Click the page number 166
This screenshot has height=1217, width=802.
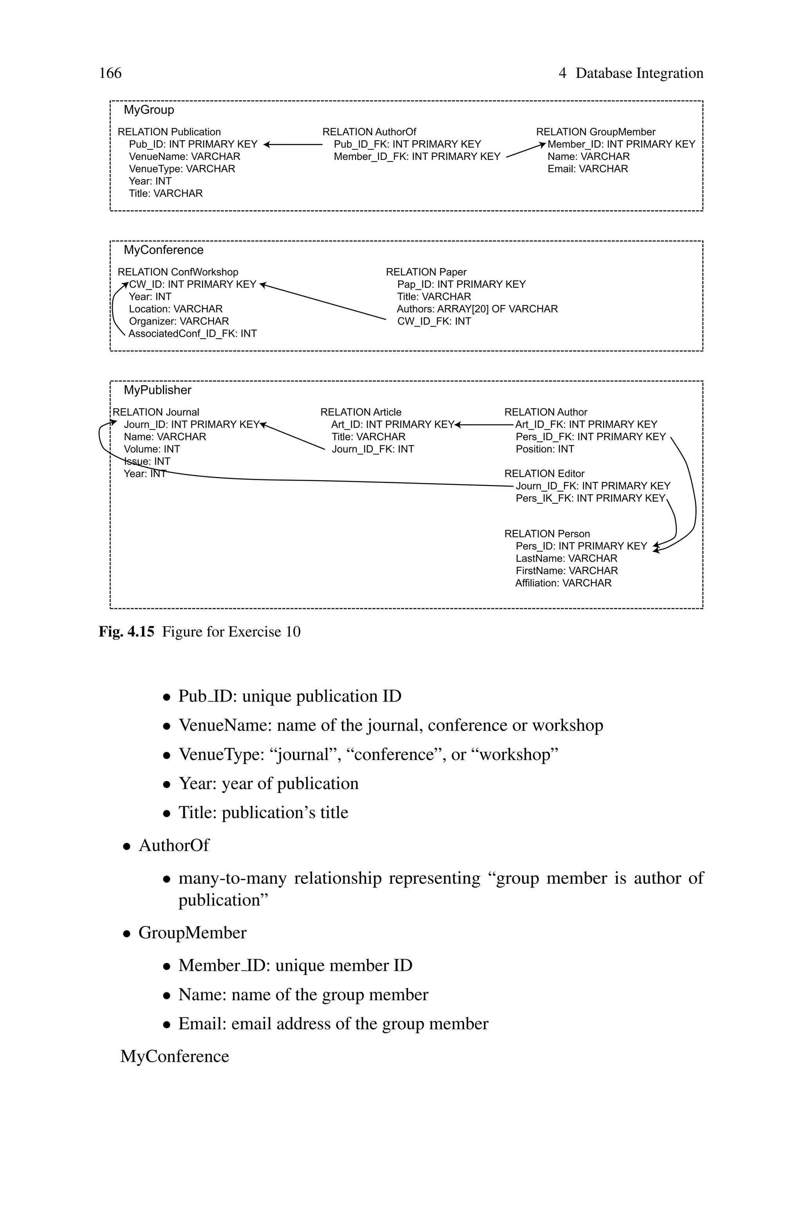coord(110,73)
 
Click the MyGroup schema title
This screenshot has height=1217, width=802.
coord(149,110)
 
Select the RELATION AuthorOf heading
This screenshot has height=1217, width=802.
coord(369,132)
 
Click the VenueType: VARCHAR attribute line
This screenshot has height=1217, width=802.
coord(182,169)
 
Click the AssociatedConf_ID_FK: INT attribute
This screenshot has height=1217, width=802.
coord(192,334)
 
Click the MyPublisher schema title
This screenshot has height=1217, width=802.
coord(157,390)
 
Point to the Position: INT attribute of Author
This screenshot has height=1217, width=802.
coord(545,449)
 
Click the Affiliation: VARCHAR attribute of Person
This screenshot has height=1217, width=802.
coord(563,584)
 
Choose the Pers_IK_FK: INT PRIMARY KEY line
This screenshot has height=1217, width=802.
coord(590,499)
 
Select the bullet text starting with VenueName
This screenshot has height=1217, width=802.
coord(390,726)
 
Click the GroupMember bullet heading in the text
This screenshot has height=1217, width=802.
coord(192,933)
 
